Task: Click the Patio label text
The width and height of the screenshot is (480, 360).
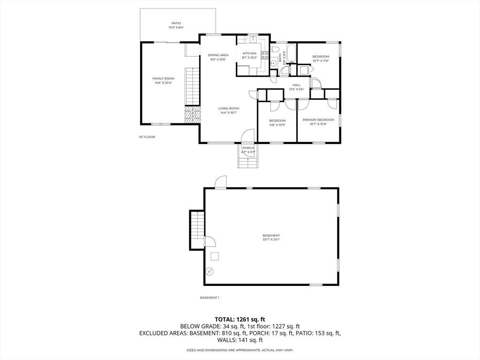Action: [176, 23]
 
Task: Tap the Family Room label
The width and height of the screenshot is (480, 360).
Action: [163, 78]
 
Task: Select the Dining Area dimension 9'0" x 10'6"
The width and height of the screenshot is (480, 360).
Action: [218, 60]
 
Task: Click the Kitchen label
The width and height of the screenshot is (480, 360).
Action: [249, 53]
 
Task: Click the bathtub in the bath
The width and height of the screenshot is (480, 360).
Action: [291, 53]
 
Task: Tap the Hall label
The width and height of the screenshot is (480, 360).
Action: [296, 85]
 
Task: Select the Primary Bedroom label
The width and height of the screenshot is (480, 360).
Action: [318, 120]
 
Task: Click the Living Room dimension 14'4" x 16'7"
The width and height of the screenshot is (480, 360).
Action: [228, 112]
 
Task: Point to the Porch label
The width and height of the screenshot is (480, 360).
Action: [248, 148]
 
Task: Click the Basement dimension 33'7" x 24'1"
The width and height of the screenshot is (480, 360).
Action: [271, 240]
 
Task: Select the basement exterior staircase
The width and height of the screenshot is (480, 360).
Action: [197, 230]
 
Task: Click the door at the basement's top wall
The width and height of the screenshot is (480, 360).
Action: [220, 182]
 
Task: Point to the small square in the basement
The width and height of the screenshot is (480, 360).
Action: [215, 256]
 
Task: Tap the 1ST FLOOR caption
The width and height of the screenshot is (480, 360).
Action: [147, 137]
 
